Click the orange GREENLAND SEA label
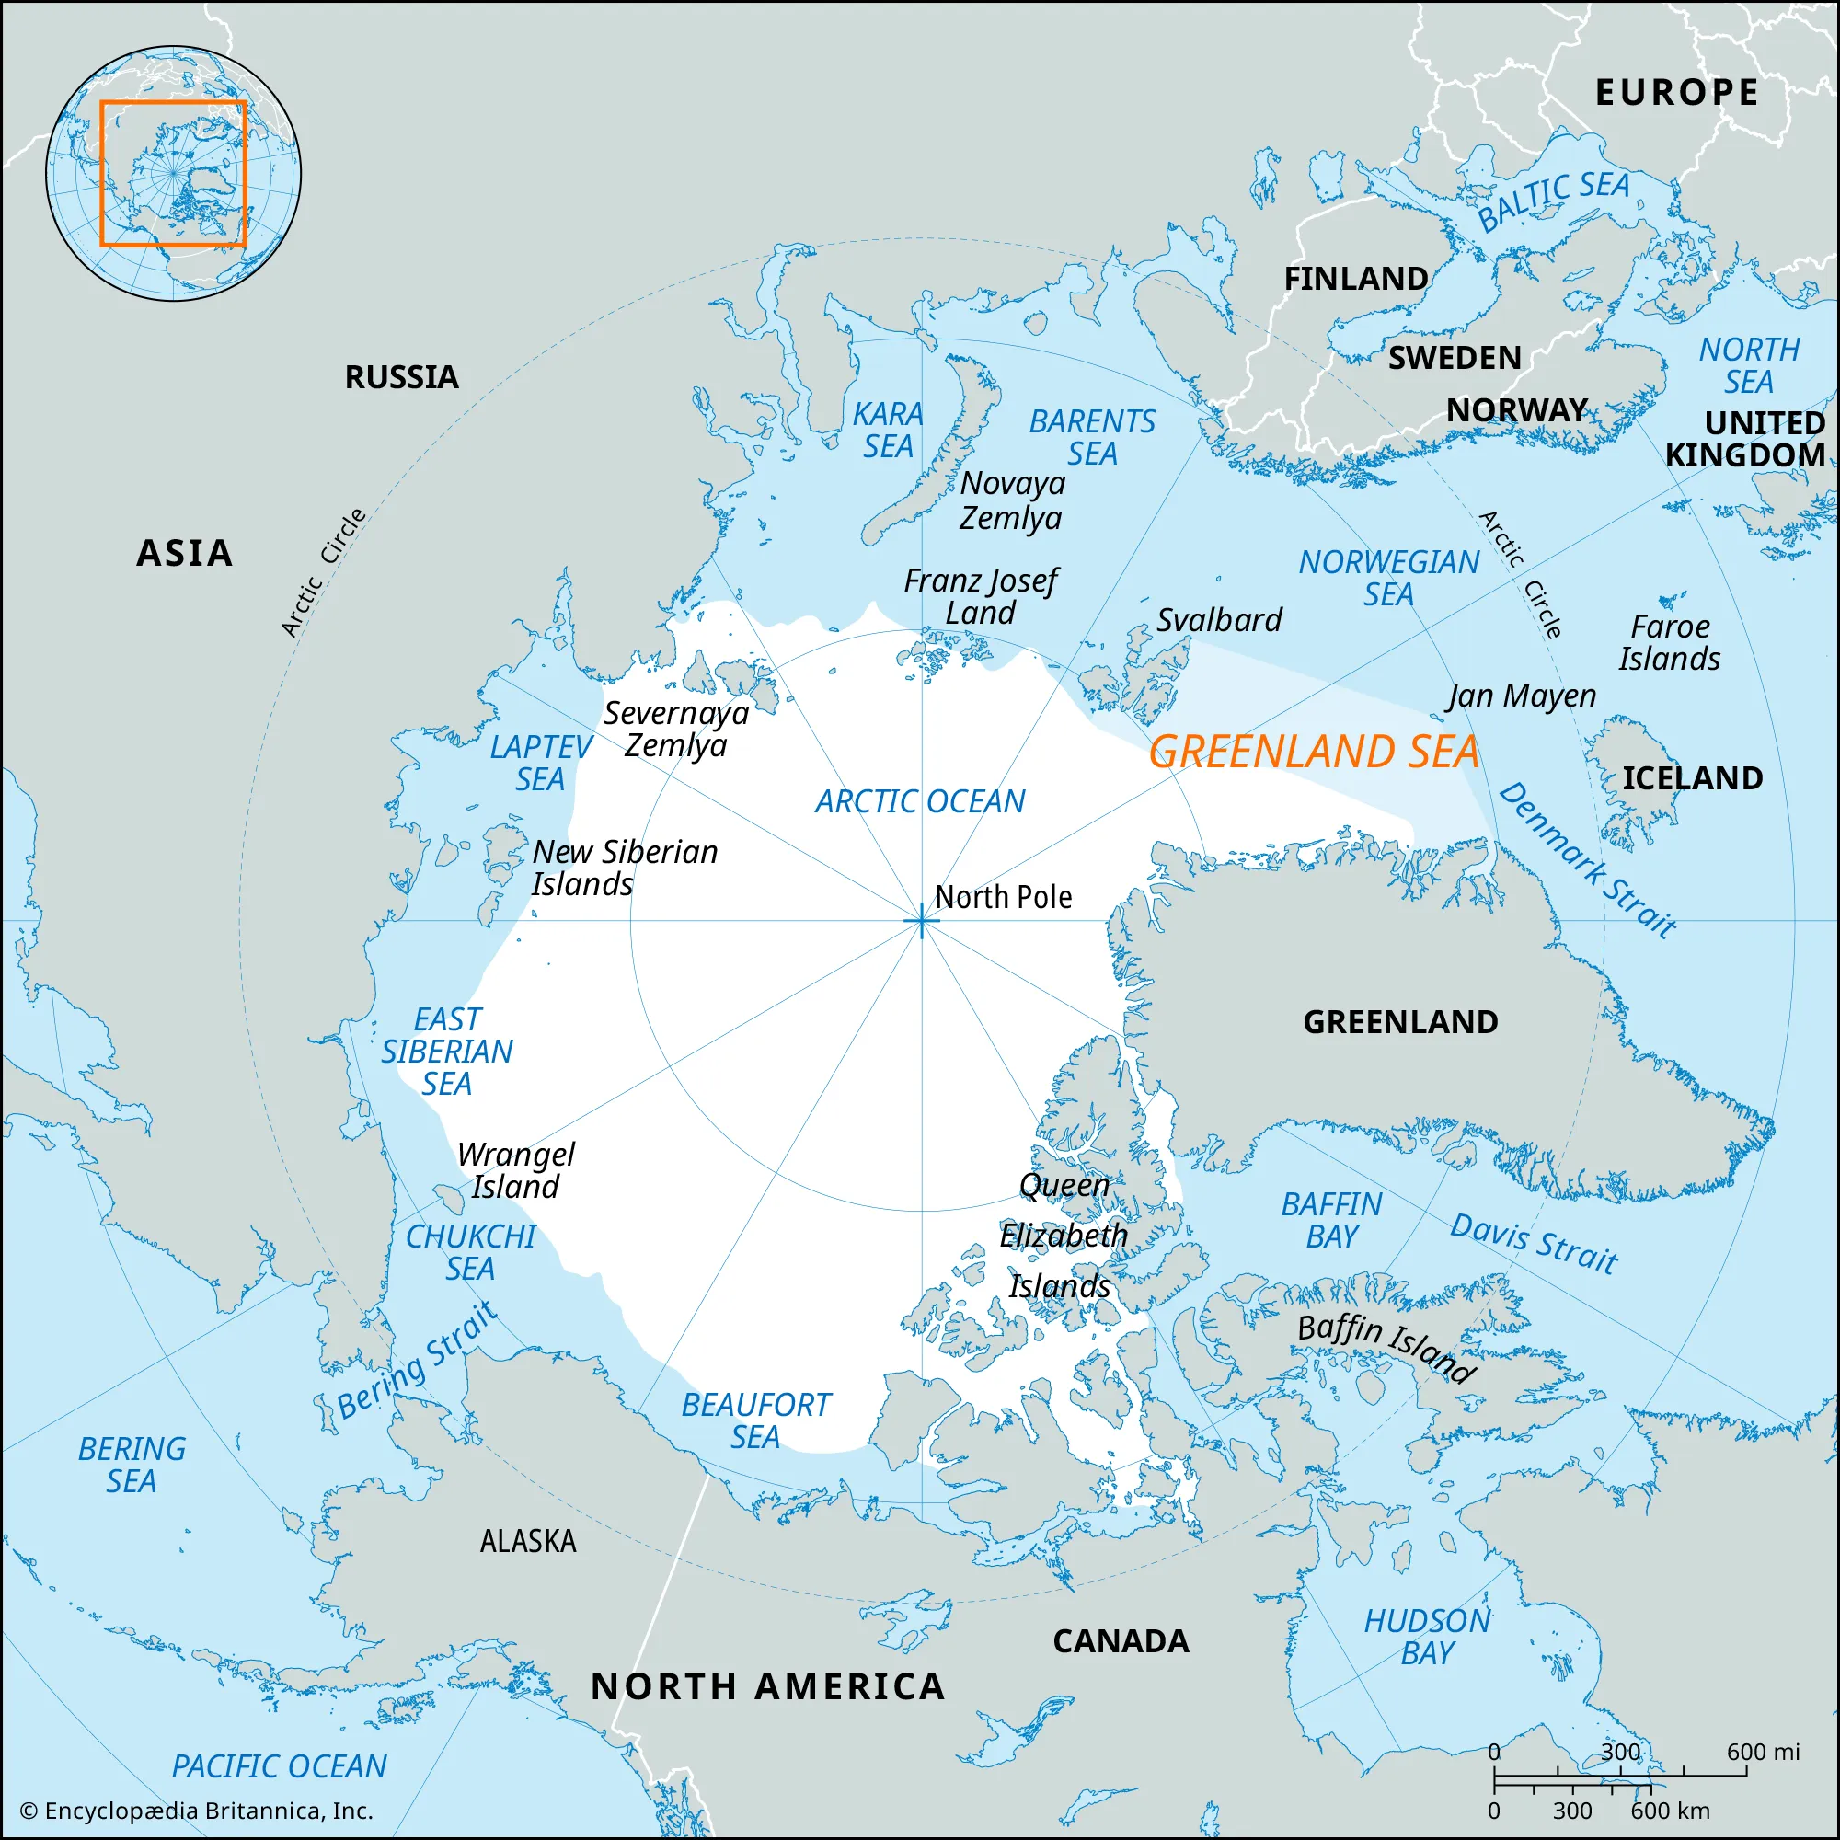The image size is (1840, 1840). [x=1314, y=752]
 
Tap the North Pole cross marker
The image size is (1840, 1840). [x=921, y=921]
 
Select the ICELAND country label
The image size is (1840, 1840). [x=1692, y=778]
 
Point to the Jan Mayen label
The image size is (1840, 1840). [x=1520, y=696]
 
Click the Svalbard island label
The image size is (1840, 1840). [x=1218, y=620]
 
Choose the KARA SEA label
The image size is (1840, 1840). [x=888, y=430]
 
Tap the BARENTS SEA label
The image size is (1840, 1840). [x=1091, y=437]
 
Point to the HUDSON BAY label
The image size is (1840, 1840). [x=1427, y=1636]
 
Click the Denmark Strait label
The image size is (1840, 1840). [x=1587, y=860]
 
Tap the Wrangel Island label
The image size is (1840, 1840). [x=515, y=1170]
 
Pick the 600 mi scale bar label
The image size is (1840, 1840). [x=1762, y=1752]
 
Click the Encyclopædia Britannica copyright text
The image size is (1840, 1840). [x=196, y=1811]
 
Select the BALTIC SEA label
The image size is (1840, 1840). [x=1552, y=200]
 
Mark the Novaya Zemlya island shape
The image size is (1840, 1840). [x=938, y=457]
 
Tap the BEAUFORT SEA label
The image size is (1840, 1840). [x=755, y=1420]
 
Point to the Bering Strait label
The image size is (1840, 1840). [x=417, y=1361]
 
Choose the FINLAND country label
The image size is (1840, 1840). [x=1355, y=279]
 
